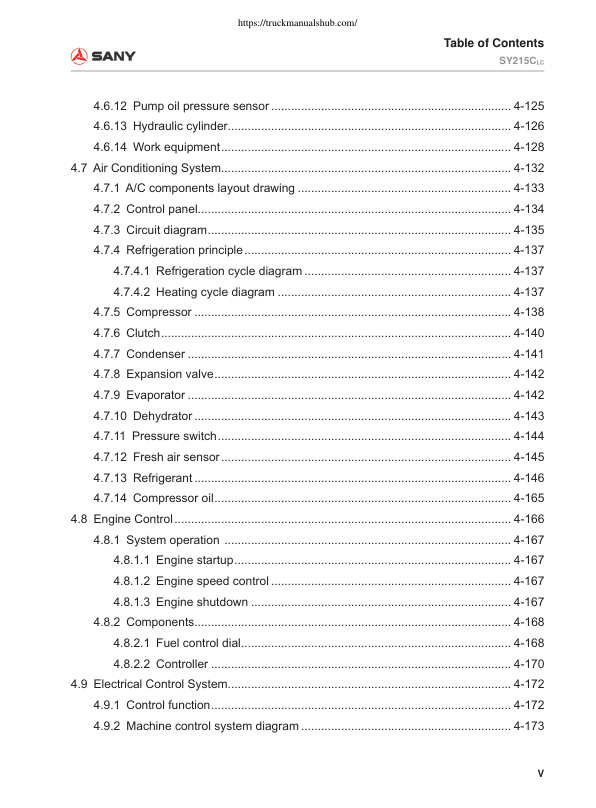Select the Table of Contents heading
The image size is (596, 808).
click(494, 43)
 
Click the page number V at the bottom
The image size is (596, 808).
click(539, 774)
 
